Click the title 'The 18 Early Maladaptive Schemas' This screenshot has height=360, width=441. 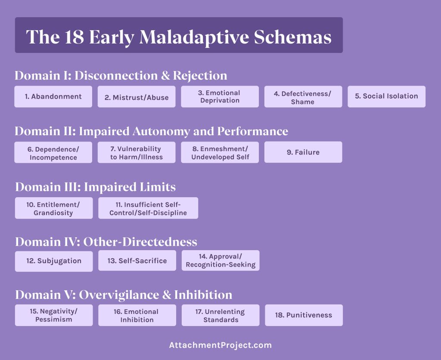[179, 37]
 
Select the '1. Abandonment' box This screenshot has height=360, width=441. [53, 96]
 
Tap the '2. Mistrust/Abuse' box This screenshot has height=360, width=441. [137, 97]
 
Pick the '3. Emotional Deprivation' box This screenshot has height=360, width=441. [220, 96]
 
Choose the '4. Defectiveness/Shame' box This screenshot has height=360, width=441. [303, 97]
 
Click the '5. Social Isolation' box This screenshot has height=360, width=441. [386, 96]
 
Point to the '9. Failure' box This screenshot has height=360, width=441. [303, 152]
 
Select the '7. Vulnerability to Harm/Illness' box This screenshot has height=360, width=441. [137, 152]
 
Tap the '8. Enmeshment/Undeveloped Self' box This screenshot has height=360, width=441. [220, 152]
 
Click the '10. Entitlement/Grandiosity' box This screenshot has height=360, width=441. [53, 208]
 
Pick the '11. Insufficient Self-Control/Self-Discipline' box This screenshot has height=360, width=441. [148, 208]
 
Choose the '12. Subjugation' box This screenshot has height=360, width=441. [53, 261]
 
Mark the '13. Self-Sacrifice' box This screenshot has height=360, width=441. [137, 261]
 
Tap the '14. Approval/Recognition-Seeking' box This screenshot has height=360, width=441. [220, 261]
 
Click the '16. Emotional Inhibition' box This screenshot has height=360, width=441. [137, 315]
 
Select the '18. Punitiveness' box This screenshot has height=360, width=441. [304, 315]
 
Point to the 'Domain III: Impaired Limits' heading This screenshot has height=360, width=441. [95, 187]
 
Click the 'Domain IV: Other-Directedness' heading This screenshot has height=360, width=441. [106, 242]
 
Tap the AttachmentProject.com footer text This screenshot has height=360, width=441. [220, 345]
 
